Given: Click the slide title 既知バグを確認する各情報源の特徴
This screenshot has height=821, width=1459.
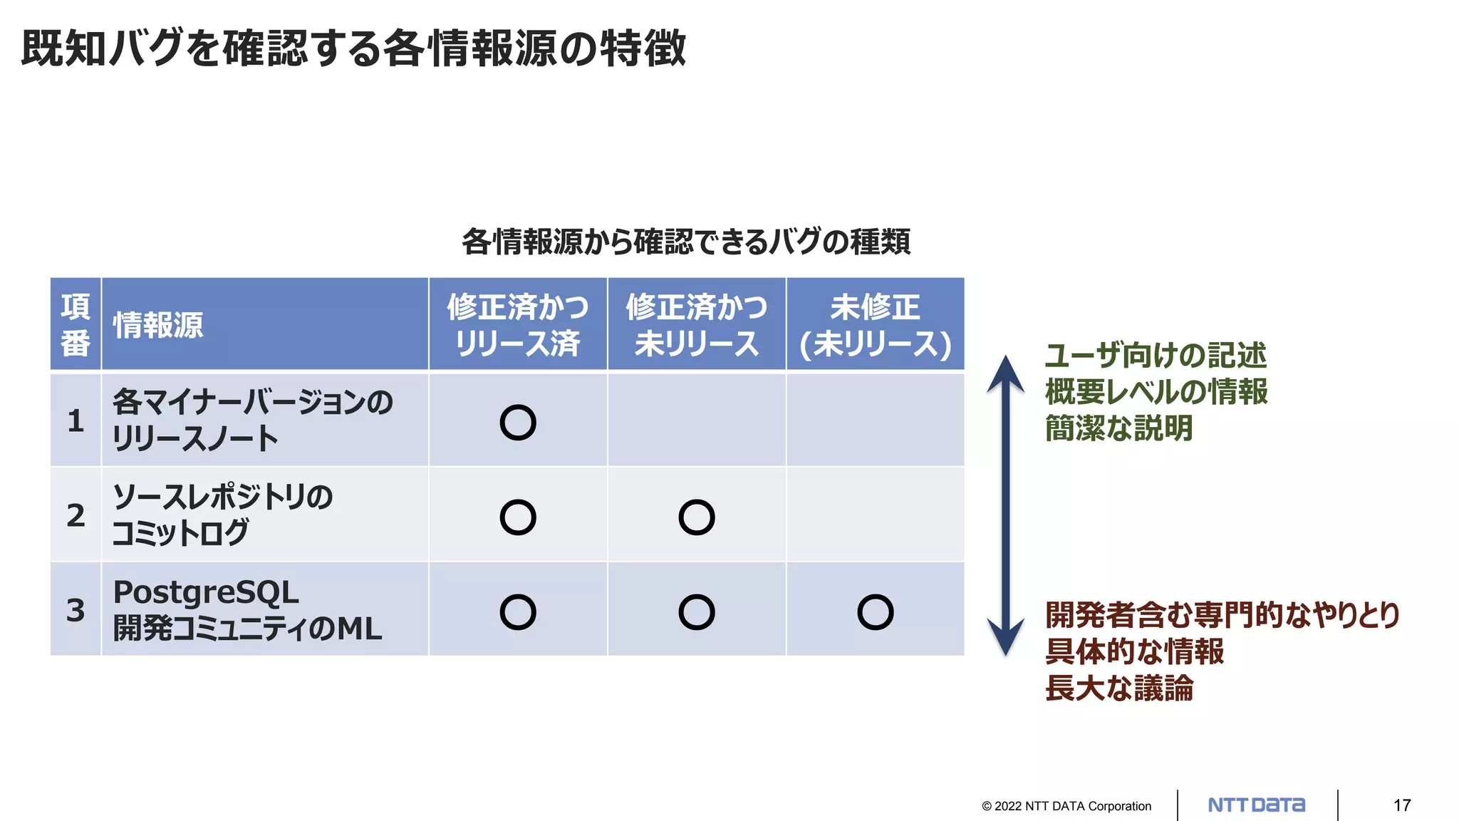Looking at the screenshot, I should (x=353, y=48).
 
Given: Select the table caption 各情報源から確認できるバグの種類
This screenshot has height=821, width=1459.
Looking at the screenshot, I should (x=685, y=242).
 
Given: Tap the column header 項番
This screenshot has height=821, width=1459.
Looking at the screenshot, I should (x=76, y=325).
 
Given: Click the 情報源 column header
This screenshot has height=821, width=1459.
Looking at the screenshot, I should (x=158, y=326).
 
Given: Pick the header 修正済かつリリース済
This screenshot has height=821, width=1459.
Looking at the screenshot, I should (x=518, y=325).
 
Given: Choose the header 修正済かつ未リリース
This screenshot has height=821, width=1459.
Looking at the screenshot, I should (x=697, y=325).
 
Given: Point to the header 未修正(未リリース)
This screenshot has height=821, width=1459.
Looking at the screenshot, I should (x=875, y=325).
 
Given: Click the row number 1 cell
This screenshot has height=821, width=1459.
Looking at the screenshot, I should (x=76, y=420).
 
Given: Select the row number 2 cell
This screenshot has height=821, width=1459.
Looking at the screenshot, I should (x=76, y=515).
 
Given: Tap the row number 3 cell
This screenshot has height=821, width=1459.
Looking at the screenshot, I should (x=76, y=610).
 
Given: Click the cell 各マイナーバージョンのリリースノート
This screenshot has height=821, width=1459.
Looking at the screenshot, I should (x=252, y=420).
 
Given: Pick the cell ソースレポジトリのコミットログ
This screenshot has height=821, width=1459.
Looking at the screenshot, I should (x=222, y=515).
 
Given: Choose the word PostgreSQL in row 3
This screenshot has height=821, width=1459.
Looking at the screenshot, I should (x=206, y=592).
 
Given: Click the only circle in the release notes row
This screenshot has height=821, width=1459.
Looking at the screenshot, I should (x=518, y=423).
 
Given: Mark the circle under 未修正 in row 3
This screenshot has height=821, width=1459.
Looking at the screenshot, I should (x=875, y=612).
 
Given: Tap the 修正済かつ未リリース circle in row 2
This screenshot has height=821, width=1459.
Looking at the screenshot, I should (x=697, y=517).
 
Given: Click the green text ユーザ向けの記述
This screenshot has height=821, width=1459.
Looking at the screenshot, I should (x=1156, y=356).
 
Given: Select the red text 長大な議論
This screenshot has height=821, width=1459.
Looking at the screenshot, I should (x=1118, y=688).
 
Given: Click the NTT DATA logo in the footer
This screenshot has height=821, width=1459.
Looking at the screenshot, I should (x=1257, y=805).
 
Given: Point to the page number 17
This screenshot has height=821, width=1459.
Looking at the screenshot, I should (x=1402, y=805).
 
